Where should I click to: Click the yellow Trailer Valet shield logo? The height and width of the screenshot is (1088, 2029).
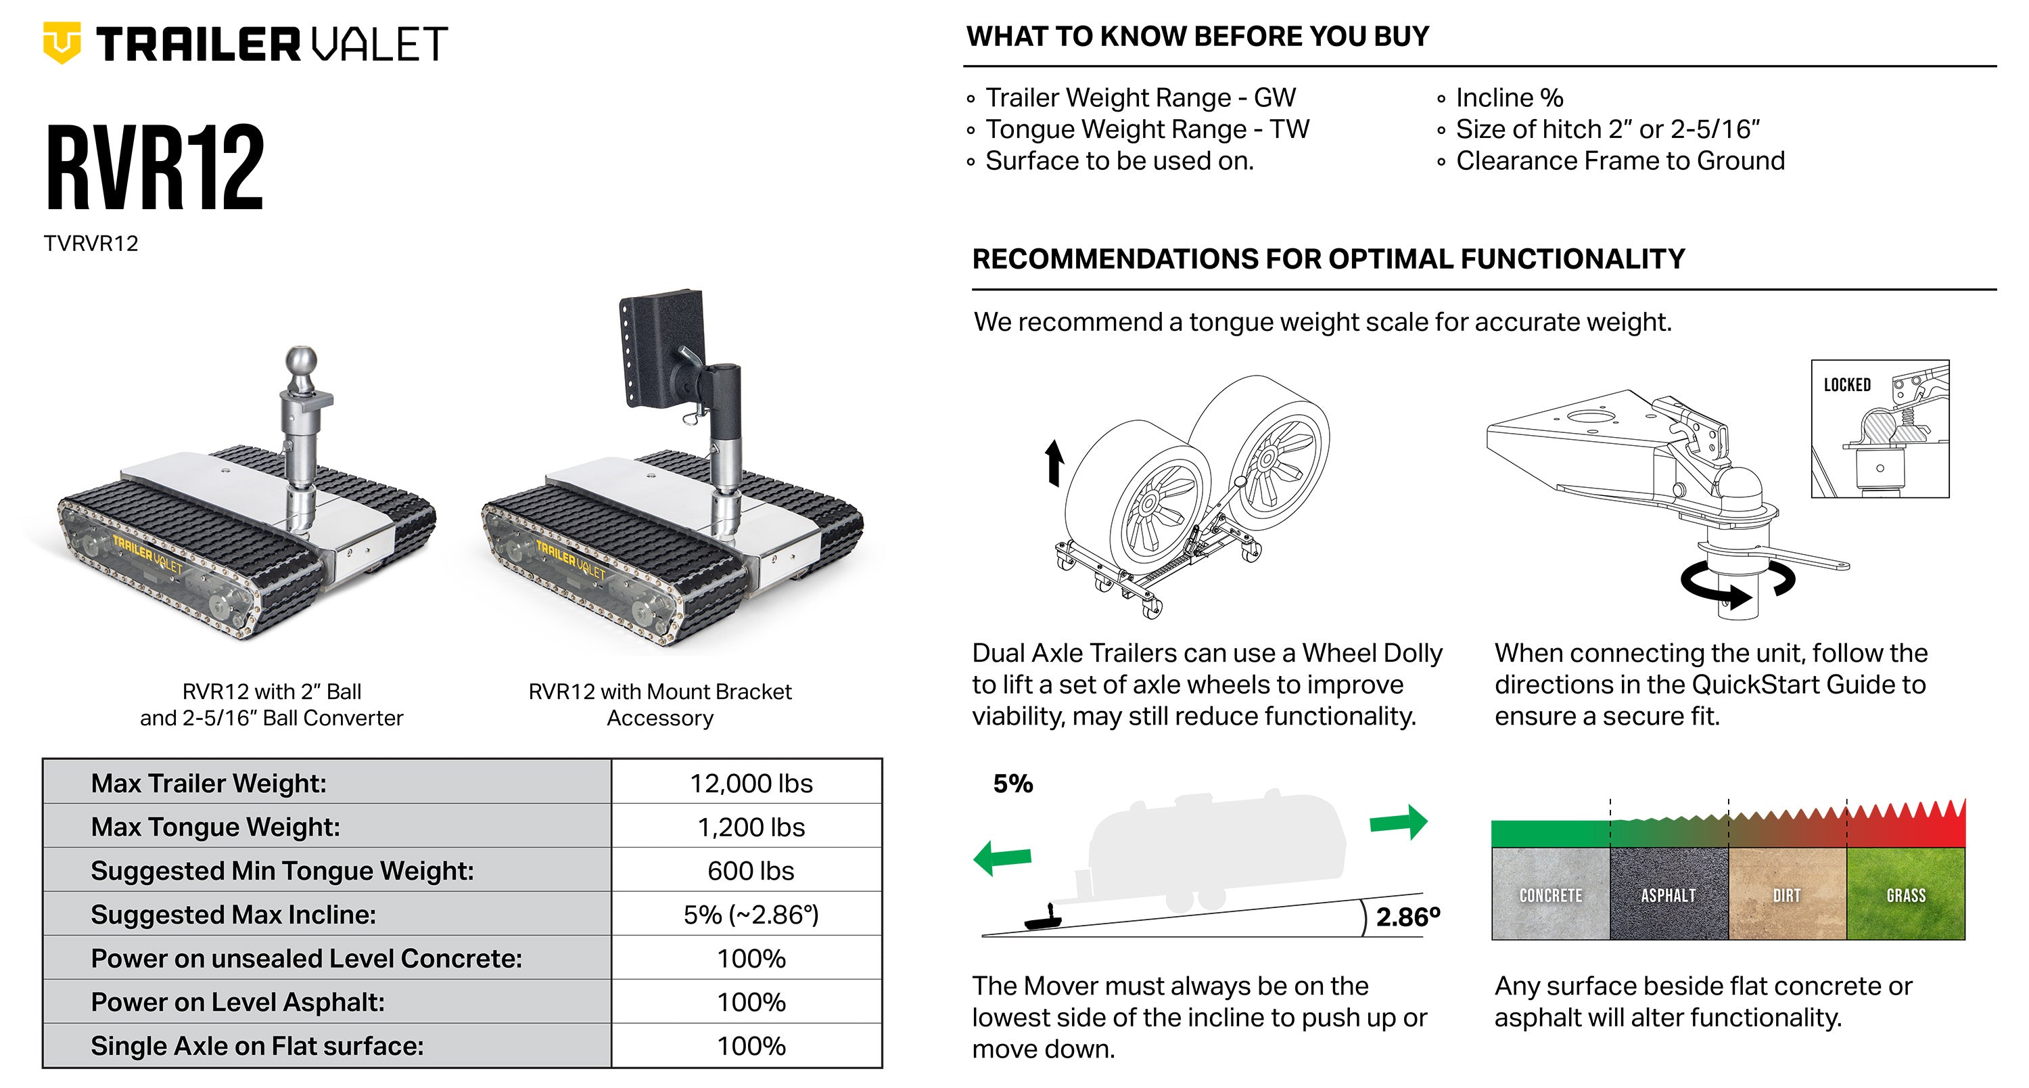coord(62,43)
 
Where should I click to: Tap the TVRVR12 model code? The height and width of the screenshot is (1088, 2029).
coord(91,244)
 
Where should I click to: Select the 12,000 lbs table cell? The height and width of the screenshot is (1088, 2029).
coord(751,783)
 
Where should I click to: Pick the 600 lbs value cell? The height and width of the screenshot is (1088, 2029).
coord(751,871)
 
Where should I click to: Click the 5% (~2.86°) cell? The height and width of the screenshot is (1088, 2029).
coord(751,915)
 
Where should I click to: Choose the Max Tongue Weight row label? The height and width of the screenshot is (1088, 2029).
coord(215,828)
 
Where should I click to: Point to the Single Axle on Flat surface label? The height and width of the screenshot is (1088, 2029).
coord(257,1046)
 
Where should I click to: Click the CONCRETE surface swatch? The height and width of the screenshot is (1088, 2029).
coord(1550,893)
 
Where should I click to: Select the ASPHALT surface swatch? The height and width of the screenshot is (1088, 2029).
coord(1669,893)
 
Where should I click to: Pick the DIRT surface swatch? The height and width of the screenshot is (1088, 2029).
coord(1787,893)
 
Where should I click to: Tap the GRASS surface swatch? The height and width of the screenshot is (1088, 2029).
coord(1906,893)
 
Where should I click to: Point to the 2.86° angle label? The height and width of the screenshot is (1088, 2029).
coord(1407,917)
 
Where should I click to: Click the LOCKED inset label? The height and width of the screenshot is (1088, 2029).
coord(1847,384)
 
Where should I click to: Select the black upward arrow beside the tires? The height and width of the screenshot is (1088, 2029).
coord(1054,462)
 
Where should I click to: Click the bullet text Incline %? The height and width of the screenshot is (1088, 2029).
coord(1508,97)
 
